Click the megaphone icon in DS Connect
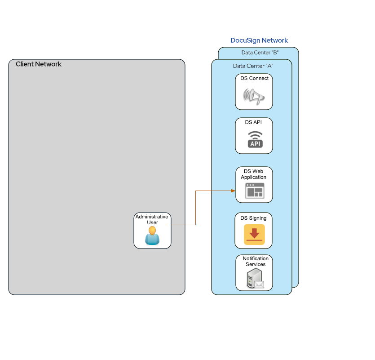(x=254, y=96)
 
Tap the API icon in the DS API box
(x=255, y=140)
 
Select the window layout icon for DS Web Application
(x=255, y=191)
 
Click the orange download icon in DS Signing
(x=254, y=235)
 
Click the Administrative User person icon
(x=152, y=236)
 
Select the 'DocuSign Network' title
(x=259, y=40)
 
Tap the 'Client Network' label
(x=39, y=64)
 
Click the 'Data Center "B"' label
(x=260, y=53)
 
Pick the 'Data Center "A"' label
(x=253, y=66)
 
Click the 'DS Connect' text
(x=254, y=78)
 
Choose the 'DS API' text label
(x=253, y=122)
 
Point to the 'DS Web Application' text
(x=254, y=174)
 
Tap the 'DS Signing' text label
(x=253, y=218)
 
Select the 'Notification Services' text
(x=256, y=262)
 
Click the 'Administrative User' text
(x=152, y=219)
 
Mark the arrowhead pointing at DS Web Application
(x=233, y=191)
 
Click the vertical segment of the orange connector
(x=195, y=208)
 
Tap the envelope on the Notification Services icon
(x=259, y=284)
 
